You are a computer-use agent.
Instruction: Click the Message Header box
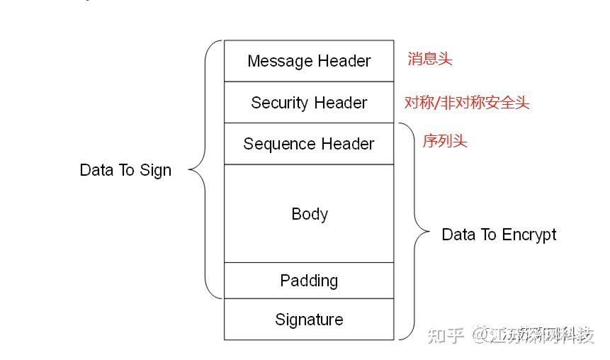click(309, 61)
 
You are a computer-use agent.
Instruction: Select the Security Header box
click(309, 103)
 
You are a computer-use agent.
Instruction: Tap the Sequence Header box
click(309, 144)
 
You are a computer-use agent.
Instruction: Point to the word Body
click(310, 214)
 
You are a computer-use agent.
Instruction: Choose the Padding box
click(309, 281)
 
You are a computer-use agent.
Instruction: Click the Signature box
click(309, 320)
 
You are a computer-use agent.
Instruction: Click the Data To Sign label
click(125, 170)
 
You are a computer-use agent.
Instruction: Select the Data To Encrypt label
click(499, 235)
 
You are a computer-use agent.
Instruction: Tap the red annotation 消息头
click(429, 59)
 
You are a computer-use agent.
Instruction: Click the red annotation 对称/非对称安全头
click(467, 103)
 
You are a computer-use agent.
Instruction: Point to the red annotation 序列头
click(445, 140)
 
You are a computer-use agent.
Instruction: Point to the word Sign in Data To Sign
click(157, 171)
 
